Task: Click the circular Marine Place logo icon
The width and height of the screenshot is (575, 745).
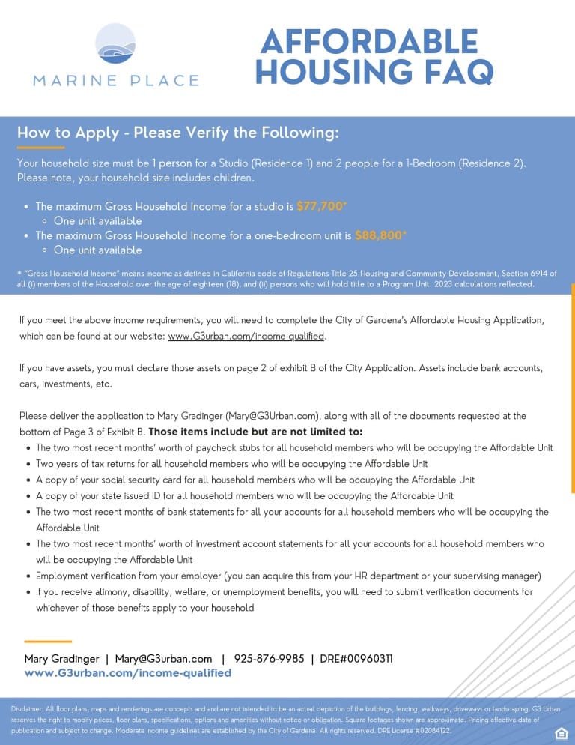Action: tap(116, 46)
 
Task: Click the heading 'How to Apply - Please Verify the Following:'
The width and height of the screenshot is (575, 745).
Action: tap(178, 133)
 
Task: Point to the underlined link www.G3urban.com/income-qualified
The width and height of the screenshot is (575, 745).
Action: tap(246, 337)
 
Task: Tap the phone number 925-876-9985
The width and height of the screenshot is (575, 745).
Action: tap(269, 659)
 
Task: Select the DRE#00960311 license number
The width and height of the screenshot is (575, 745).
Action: tap(356, 659)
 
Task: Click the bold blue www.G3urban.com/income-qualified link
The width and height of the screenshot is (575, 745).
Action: tap(128, 673)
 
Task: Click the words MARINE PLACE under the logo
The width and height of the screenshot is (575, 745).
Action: tap(116, 80)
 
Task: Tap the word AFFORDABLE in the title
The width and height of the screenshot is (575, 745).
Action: tap(368, 41)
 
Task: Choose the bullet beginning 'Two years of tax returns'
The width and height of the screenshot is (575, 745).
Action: tap(232, 464)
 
